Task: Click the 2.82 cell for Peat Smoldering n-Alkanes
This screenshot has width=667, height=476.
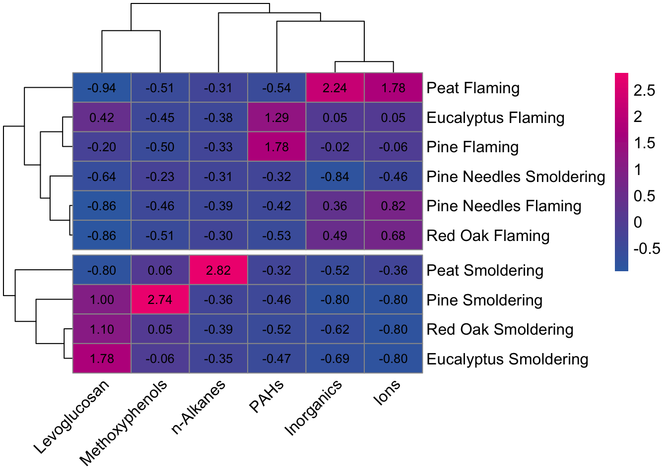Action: (x=218, y=270)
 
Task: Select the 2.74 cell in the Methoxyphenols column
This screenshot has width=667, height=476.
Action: (x=160, y=299)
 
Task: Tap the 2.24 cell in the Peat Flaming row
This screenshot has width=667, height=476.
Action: (x=335, y=88)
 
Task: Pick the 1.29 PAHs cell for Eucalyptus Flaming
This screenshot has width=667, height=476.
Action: (x=276, y=118)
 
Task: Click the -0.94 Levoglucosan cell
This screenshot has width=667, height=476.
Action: (x=102, y=88)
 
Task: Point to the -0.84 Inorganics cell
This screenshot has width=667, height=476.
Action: (x=335, y=177)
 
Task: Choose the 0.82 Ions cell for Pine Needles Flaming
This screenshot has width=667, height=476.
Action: (x=393, y=206)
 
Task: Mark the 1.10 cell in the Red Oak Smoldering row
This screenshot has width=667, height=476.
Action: (x=102, y=329)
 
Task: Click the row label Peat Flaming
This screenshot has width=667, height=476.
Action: (x=473, y=88)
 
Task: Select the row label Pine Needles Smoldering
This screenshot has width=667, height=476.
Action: (x=516, y=177)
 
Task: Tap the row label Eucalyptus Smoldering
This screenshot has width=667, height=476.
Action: (x=507, y=359)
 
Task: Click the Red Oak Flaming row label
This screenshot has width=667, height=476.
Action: (x=488, y=236)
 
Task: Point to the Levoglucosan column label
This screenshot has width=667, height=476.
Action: (x=71, y=417)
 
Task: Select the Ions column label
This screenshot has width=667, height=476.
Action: (x=387, y=392)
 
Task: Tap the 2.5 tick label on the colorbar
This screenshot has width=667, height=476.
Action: (x=644, y=90)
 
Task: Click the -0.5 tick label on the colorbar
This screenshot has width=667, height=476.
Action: (x=647, y=248)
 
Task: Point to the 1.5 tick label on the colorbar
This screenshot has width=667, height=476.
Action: (x=644, y=143)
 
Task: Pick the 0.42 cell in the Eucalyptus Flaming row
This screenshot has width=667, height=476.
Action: (x=102, y=118)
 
